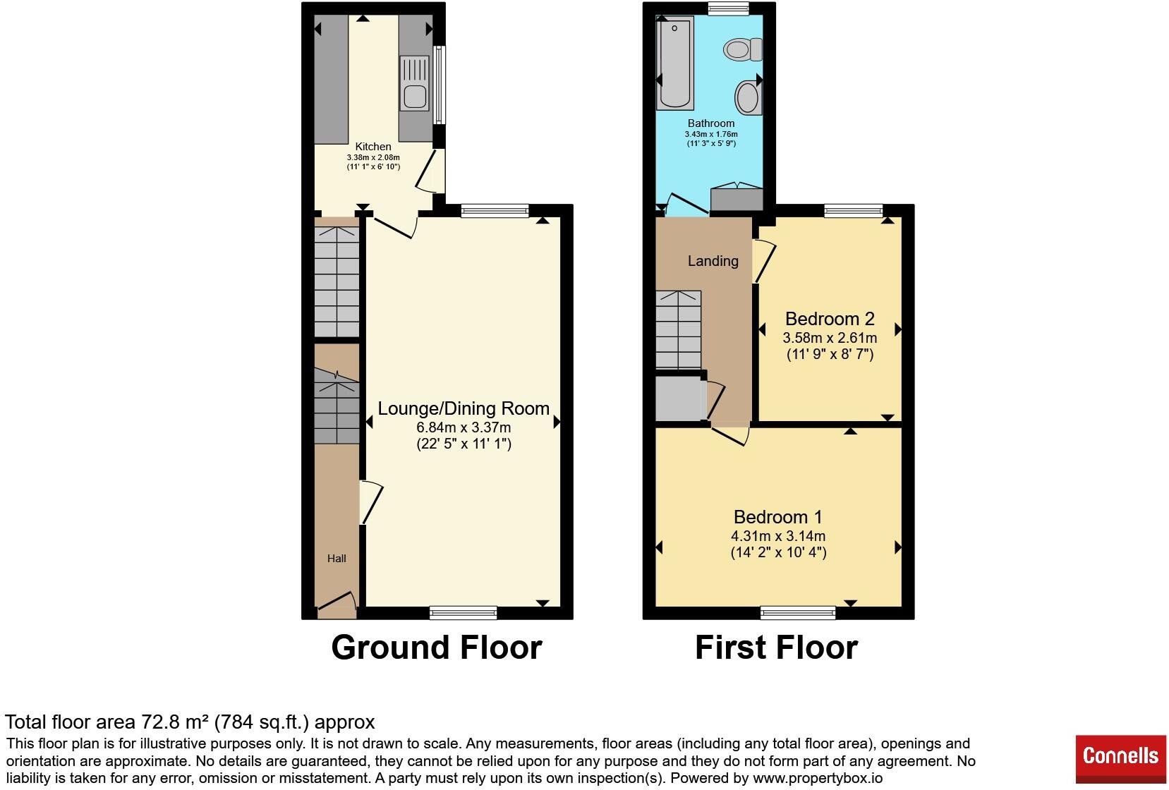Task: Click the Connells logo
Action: coord(1120,758)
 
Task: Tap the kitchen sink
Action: coord(415,84)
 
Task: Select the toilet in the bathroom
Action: coord(743,49)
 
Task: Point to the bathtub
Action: coord(674,63)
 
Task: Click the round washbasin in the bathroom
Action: coord(749,97)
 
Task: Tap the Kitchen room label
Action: coord(373,147)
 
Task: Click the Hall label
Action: coord(337,559)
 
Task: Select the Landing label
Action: coord(713,261)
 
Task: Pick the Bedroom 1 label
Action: coord(777,517)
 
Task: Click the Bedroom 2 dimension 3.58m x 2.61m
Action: coord(830,338)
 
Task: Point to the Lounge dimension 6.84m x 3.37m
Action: coord(464,427)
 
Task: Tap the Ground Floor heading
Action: coord(437,648)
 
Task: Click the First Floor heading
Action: coord(777,648)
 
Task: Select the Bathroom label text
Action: coord(711,123)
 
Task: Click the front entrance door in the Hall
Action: coord(337,601)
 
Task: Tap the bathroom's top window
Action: coord(729,8)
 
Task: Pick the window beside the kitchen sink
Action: coord(440,85)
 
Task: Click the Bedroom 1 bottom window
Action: coord(798,612)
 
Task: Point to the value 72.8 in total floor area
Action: coord(156,722)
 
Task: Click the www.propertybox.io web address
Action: coord(818,779)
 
